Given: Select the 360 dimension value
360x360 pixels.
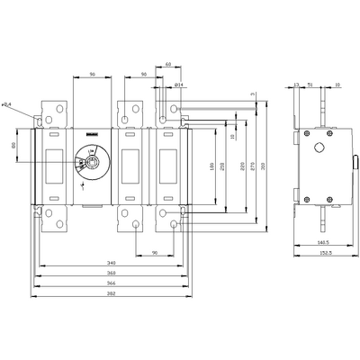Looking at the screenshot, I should click(x=109, y=274).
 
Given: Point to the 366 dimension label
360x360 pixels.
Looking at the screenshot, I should click(x=109, y=283).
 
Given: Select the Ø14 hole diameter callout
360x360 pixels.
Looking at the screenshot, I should click(x=178, y=85).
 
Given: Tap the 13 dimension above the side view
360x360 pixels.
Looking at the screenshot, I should click(x=297, y=85).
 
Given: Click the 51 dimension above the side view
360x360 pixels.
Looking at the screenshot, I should click(x=310, y=85).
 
